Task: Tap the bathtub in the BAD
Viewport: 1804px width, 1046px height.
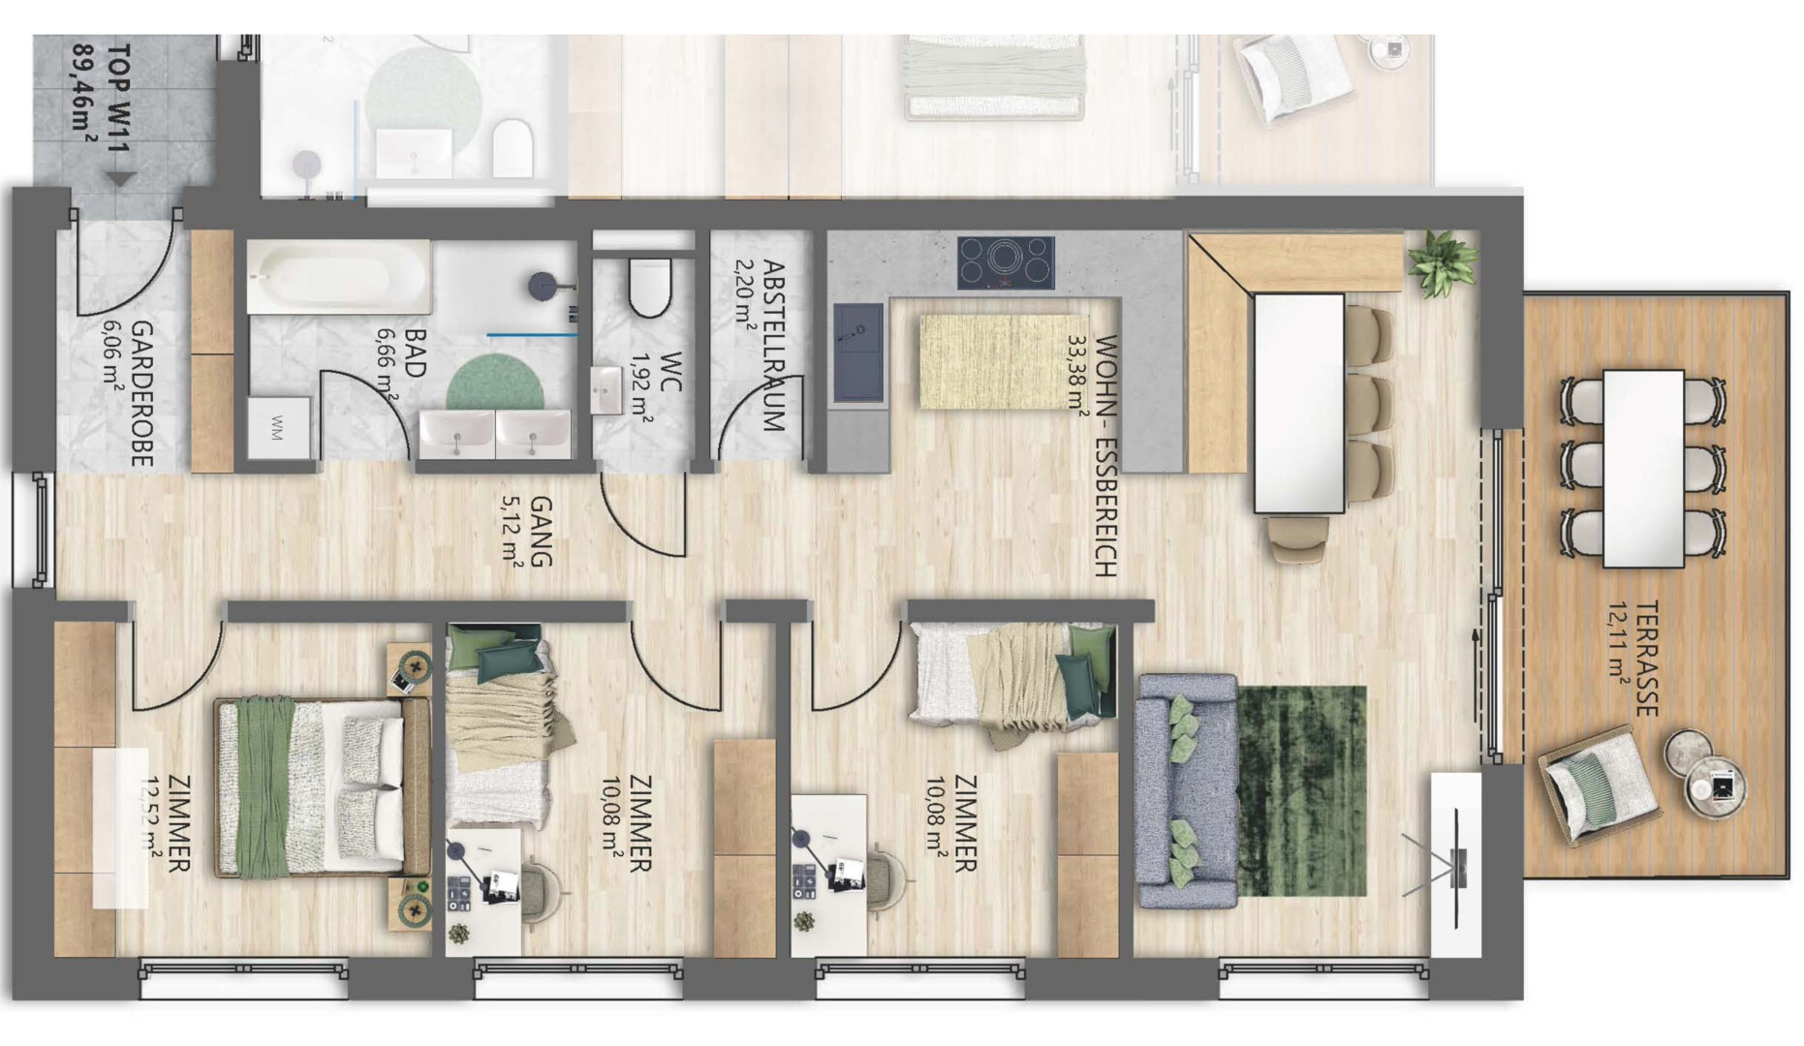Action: [339, 277]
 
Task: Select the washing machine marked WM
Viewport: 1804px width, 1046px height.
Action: [279, 427]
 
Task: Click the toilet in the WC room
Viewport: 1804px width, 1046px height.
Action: [649, 286]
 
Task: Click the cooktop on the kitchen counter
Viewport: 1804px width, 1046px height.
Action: [1006, 262]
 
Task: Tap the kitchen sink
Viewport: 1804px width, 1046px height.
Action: [858, 353]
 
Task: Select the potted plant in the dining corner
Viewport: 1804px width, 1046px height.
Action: [1443, 261]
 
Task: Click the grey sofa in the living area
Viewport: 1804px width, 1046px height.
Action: [1187, 791]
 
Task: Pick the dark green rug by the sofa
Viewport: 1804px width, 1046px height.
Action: [1301, 791]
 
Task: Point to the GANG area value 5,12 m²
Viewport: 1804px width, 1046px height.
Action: [513, 531]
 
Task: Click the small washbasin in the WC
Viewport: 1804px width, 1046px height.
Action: [607, 390]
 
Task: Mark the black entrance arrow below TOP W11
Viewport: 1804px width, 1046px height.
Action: [120, 179]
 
